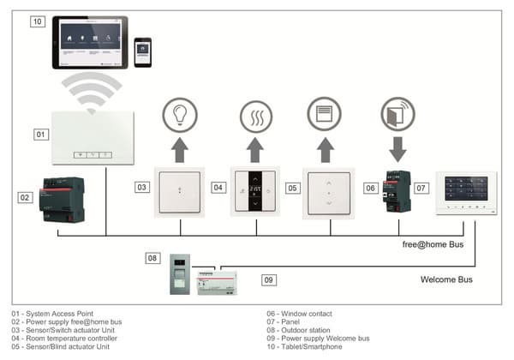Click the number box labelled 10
click(37, 21)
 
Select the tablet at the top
click(91, 42)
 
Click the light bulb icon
click(180, 115)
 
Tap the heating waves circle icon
click(255, 115)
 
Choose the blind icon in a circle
click(325, 115)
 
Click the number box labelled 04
click(218, 187)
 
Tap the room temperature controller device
click(255, 191)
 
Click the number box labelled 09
click(268, 279)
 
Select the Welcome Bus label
click(448, 279)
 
